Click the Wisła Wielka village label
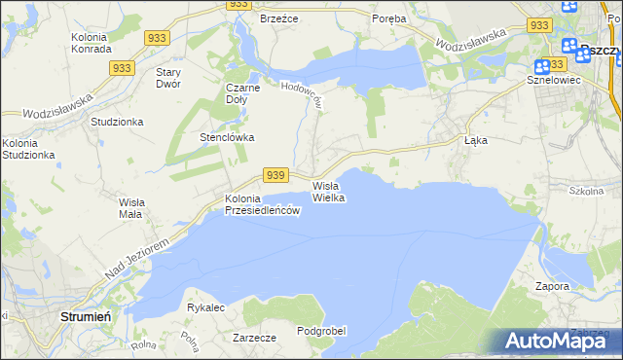pyautogui.click(x=328, y=191)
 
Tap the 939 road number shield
pyautogui.click(x=275, y=175)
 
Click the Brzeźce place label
pyautogui.click(x=277, y=18)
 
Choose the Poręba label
pyautogui.click(x=389, y=18)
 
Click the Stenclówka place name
pyautogui.click(x=227, y=137)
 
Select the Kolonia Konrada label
pyautogui.click(x=94, y=44)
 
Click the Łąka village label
pyautogui.click(x=475, y=140)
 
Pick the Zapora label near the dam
pyautogui.click(x=552, y=287)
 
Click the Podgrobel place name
pyautogui.click(x=321, y=331)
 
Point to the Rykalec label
pyautogui.click(x=205, y=307)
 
